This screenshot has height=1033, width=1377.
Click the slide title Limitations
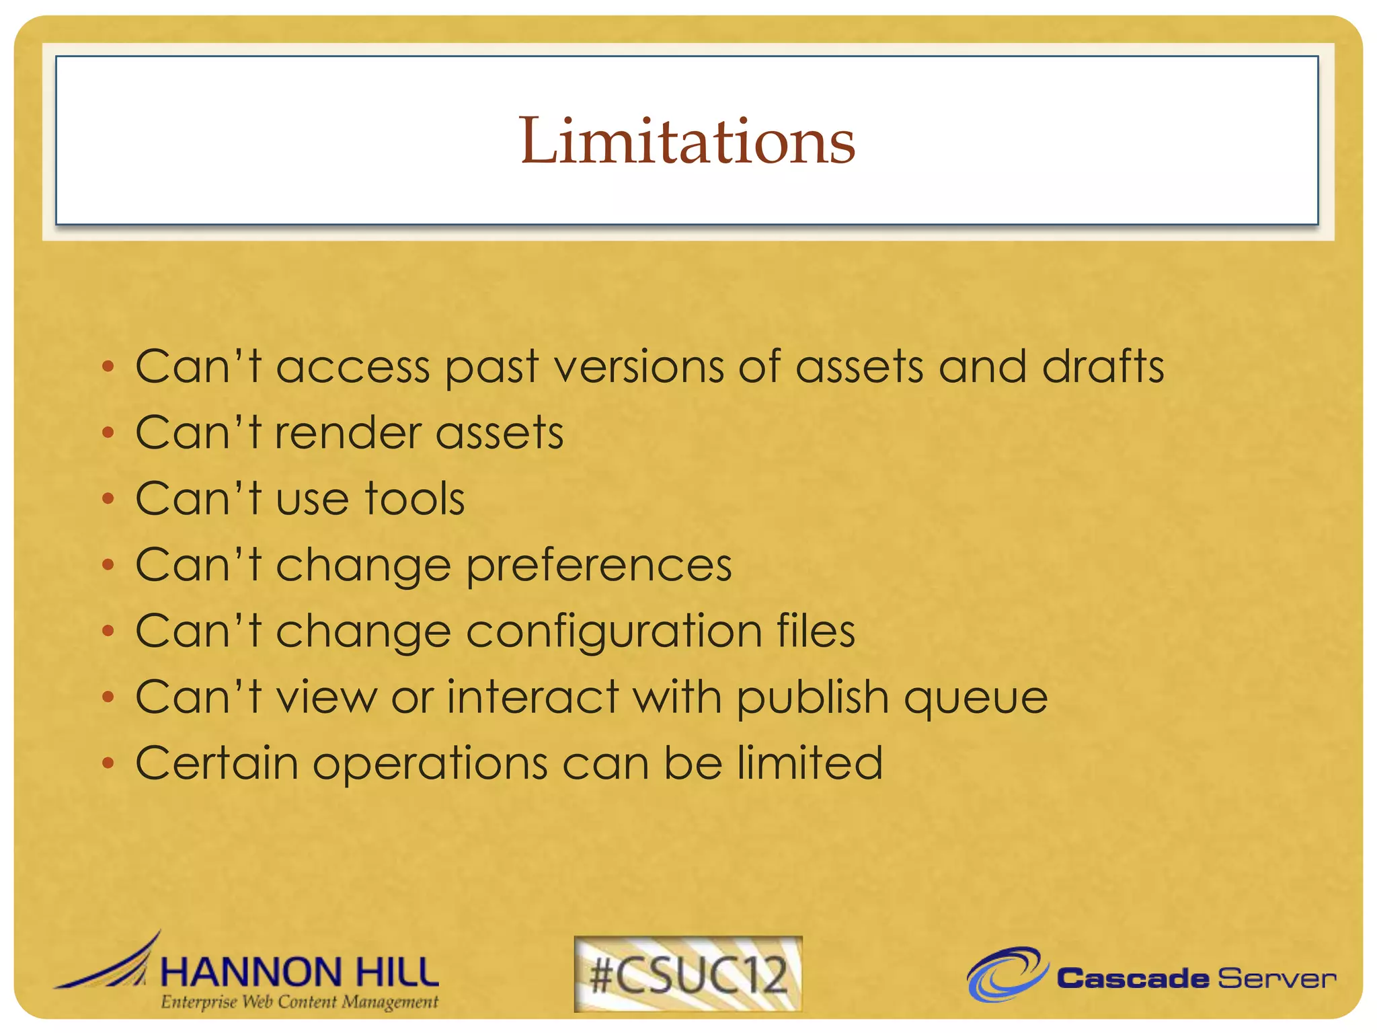click(x=686, y=141)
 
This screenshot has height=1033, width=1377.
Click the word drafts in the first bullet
click(x=1103, y=367)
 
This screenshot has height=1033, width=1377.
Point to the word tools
click(x=415, y=499)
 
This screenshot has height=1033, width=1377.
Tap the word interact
click(x=533, y=697)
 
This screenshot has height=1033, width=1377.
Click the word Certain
click(x=217, y=763)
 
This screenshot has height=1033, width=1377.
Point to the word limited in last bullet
click(x=810, y=763)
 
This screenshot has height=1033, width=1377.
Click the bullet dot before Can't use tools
click(x=108, y=499)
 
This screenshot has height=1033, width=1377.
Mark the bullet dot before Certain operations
click(x=108, y=763)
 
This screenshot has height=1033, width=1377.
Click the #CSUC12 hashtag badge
click(x=688, y=974)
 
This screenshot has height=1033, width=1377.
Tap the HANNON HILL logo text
click(x=300, y=972)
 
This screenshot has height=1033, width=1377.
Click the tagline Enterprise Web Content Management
click(x=299, y=1002)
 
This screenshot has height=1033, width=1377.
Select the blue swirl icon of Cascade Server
click(x=1006, y=974)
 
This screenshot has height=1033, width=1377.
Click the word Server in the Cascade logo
click(x=1276, y=979)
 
